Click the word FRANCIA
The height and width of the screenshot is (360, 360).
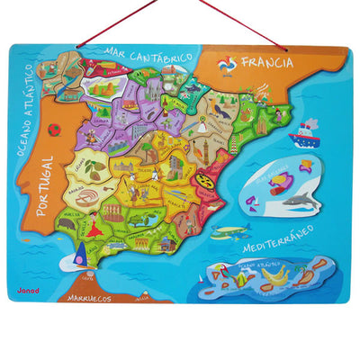point(268,63)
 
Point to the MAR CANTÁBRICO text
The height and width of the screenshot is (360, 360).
point(148,56)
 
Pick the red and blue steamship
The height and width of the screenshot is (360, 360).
point(303,136)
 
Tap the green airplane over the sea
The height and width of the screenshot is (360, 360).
point(230,231)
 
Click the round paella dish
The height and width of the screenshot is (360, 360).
point(206,181)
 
